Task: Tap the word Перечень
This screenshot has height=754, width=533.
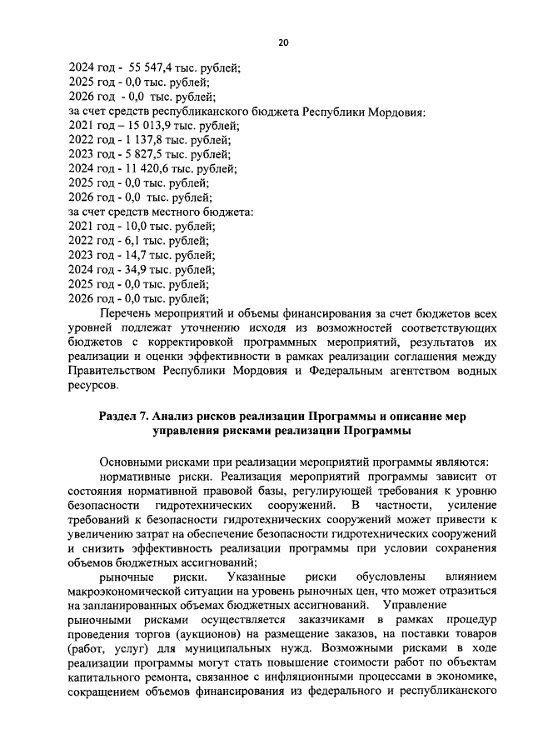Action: point(126,313)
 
